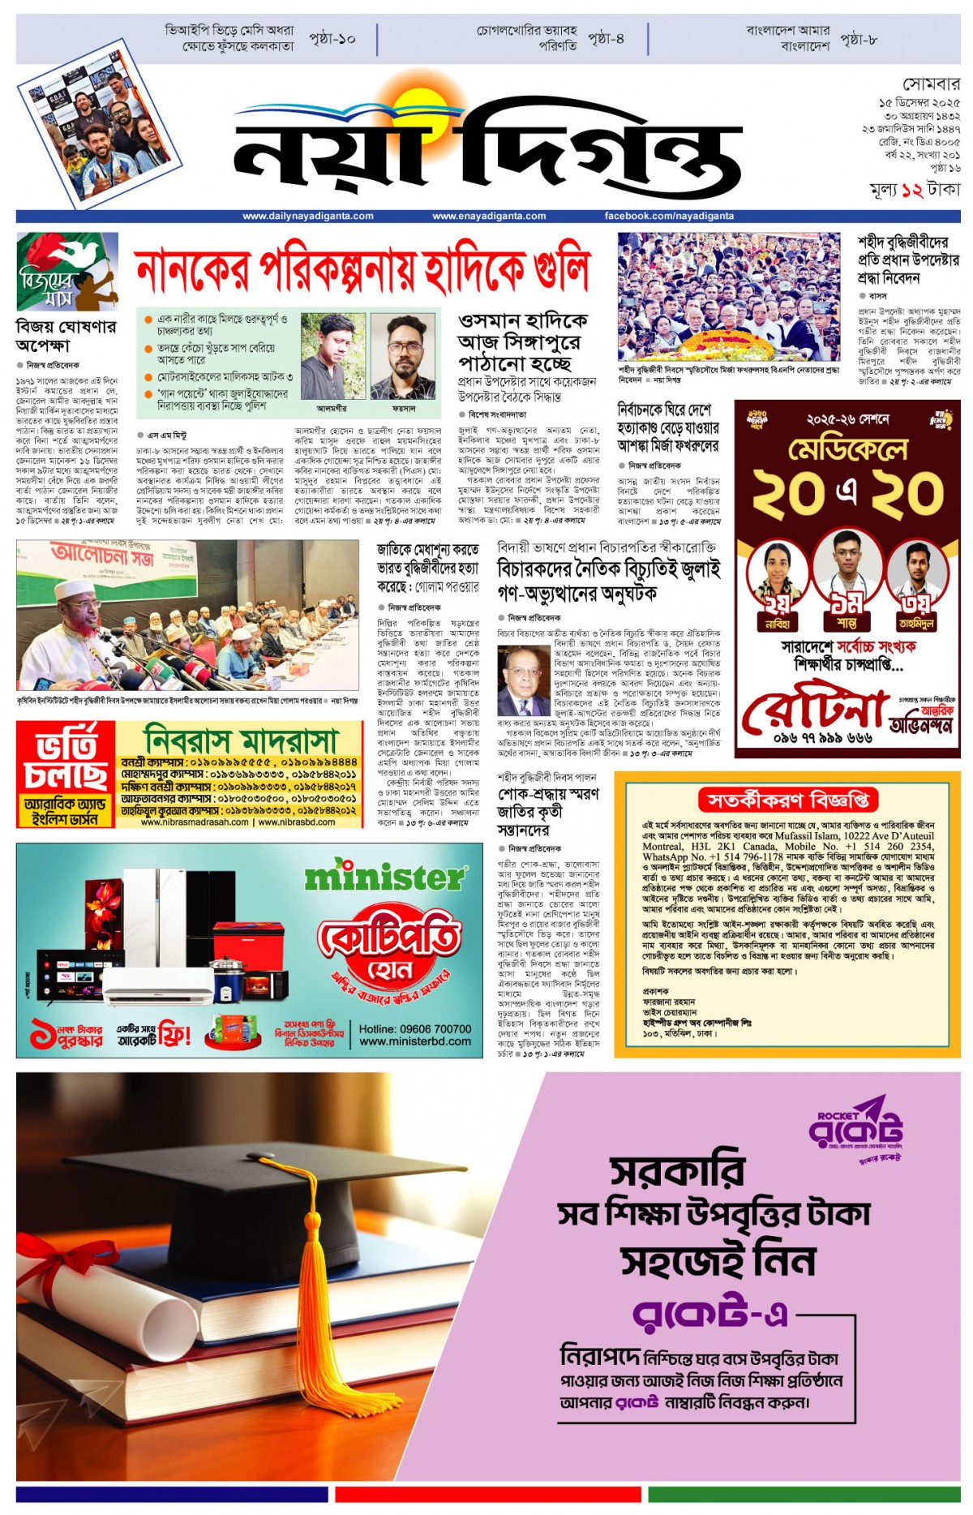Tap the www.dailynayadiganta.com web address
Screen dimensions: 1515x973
[308, 217]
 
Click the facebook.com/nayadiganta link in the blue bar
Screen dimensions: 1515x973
[669, 217]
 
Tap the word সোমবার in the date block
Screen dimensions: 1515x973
[931, 84]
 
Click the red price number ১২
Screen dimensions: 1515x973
[911, 190]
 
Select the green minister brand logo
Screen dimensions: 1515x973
[385, 877]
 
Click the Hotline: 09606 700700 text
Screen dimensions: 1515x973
[415, 1028]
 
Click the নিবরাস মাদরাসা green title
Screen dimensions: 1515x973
[240, 740]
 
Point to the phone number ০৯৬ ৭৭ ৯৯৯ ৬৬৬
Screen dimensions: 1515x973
[822, 738]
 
